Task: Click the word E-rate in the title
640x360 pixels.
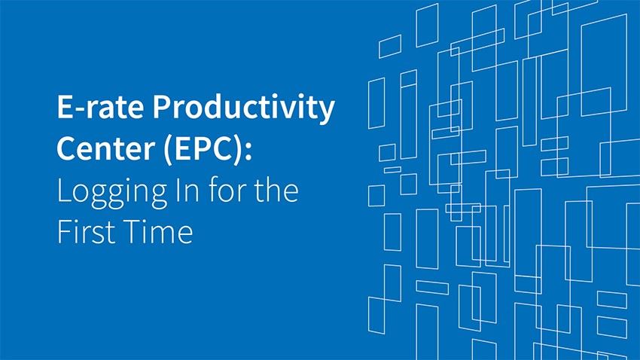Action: (100, 107)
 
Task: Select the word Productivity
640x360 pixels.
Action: (244, 108)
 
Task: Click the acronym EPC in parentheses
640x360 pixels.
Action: (203, 148)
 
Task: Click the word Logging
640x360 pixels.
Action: (112, 193)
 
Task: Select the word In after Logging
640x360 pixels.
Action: (187, 191)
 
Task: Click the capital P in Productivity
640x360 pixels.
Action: (161, 107)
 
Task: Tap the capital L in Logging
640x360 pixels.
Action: (64, 191)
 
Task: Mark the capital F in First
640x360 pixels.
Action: (64, 231)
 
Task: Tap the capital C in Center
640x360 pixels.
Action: (66, 148)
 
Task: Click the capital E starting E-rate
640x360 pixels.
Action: (65, 107)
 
